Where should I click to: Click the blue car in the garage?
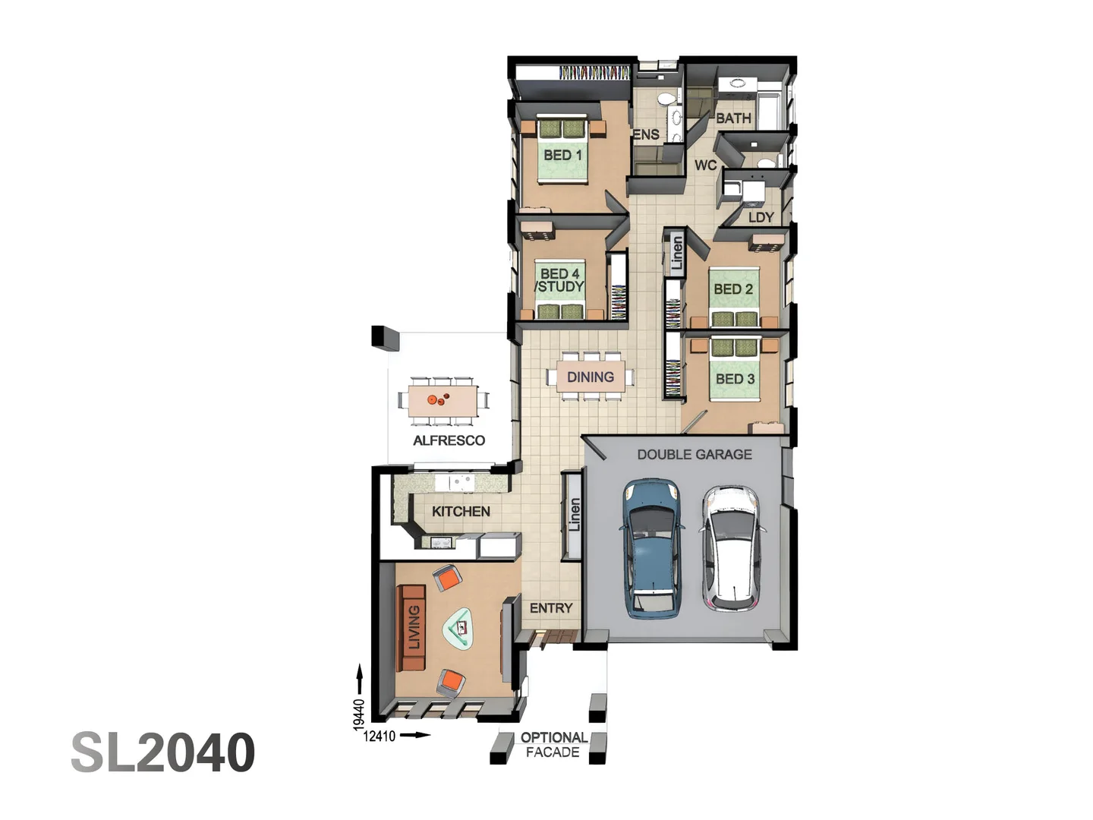pyautogui.click(x=652, y=547)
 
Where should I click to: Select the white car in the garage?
pyautogui.click(x=729, y=547)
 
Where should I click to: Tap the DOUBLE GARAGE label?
pyautogui.click(x=694, y=454)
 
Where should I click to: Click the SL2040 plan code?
pyautogui.click(x=162, y=752)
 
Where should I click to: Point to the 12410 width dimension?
pyautogui.click(x=380, y=736)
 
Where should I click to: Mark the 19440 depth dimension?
pyautogui.click(x=359, y=714)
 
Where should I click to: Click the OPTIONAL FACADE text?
pyautogui.click(x=553, y=745)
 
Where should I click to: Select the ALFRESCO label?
pyautogui.click(x=449, y=440)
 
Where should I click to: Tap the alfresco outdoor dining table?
pyautogui.click(x=443, y=400)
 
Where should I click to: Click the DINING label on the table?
pyautogui.click(x=591, y=377)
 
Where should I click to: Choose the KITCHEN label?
pyautogui.click(x=461, y=511)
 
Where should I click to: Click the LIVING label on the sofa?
pyautogui.click(x=414, y=627)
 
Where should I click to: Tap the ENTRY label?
pyautogui.click(x=551, y=608)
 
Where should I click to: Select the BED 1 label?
pyautogui.click(x=562, y=155)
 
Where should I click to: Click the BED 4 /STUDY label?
pyautogui.click(x=560, y=280)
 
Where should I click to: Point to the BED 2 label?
pyautogui.click(x=733, y=289)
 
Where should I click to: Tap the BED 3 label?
pyautogui.click(x=735, y=378)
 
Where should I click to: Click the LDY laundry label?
pyautogui.click(x=761, y=217)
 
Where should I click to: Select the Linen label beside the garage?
pyautogui.click(x=575, y=514)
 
